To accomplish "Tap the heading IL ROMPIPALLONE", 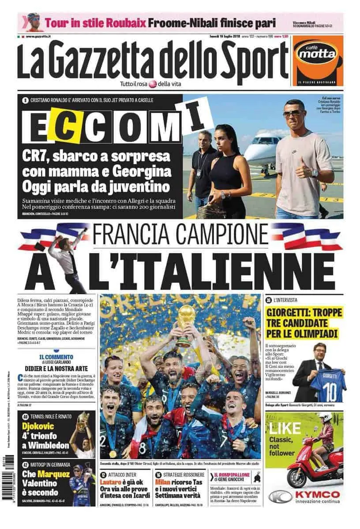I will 239,475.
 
